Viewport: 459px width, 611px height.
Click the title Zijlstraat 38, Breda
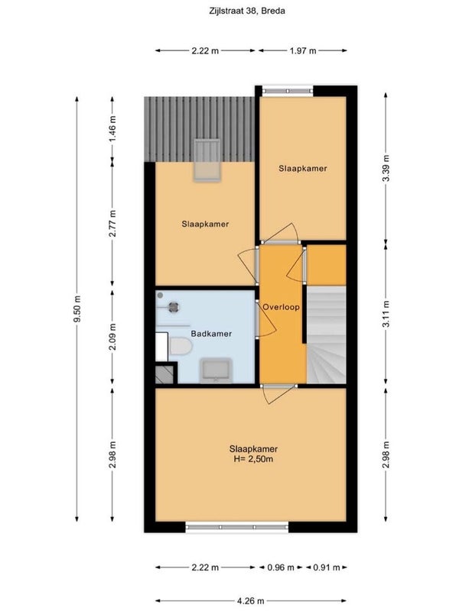pos(246,11)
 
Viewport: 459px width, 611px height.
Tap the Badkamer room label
pos(211,334)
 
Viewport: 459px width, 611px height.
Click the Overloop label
pos(281,307)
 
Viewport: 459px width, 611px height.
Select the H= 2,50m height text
pos(253,459)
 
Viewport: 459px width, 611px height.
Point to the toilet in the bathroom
pos(181,346)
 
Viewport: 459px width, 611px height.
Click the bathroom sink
pos(216,370)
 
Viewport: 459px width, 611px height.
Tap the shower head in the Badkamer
pos(174,307)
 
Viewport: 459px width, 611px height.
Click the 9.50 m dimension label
pos(77,309)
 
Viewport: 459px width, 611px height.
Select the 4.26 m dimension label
pos(251,601)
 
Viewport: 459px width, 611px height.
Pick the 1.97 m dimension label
pos(303,50)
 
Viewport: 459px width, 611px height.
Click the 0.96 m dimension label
pos(281,567)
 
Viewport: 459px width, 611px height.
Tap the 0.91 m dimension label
pos(327,567)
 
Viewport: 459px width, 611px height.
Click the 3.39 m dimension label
pos(386,168)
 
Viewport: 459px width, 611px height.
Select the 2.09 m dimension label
pos(112,337)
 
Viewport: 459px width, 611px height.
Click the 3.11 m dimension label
pos(386,315)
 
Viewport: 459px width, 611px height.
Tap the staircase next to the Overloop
pos(327,335)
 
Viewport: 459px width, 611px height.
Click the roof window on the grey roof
pos(207,160)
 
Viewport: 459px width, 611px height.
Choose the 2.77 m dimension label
pos(112,223)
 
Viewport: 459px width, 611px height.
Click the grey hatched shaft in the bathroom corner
pos(164,374)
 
